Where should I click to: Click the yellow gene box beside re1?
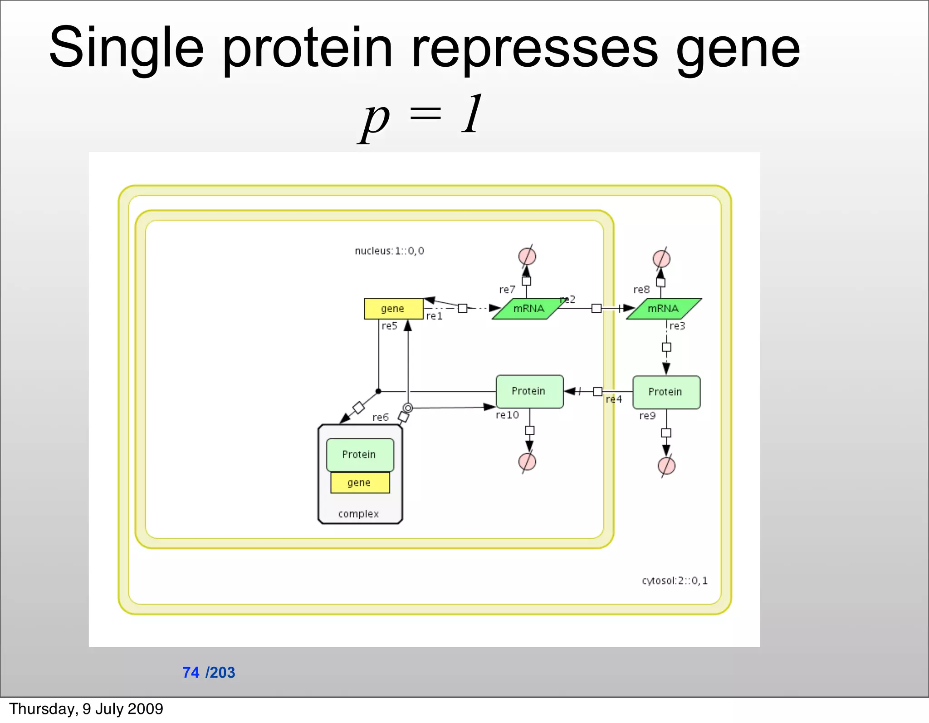pos(393,309)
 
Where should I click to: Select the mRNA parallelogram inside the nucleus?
pos(528,309)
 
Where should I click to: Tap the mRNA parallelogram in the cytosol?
pos(663,309)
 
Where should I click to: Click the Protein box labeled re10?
pos(529,391)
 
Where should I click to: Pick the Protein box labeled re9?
pos(666,392)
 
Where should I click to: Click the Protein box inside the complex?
pos(360,454)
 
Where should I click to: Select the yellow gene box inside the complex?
pos(360,482)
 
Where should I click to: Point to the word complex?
pos(358,514)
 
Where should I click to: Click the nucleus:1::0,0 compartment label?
pos(389,251)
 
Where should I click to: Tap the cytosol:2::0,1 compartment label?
pos(675,580)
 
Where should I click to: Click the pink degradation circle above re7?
pos(527,256)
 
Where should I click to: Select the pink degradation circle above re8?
pos(661,259)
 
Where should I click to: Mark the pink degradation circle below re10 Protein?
pos(527,462)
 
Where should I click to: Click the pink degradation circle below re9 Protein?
pos(666,466)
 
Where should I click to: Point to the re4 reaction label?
pos(614,399)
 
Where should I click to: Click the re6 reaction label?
pos(380,417)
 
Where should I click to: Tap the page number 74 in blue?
pos(191,672)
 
